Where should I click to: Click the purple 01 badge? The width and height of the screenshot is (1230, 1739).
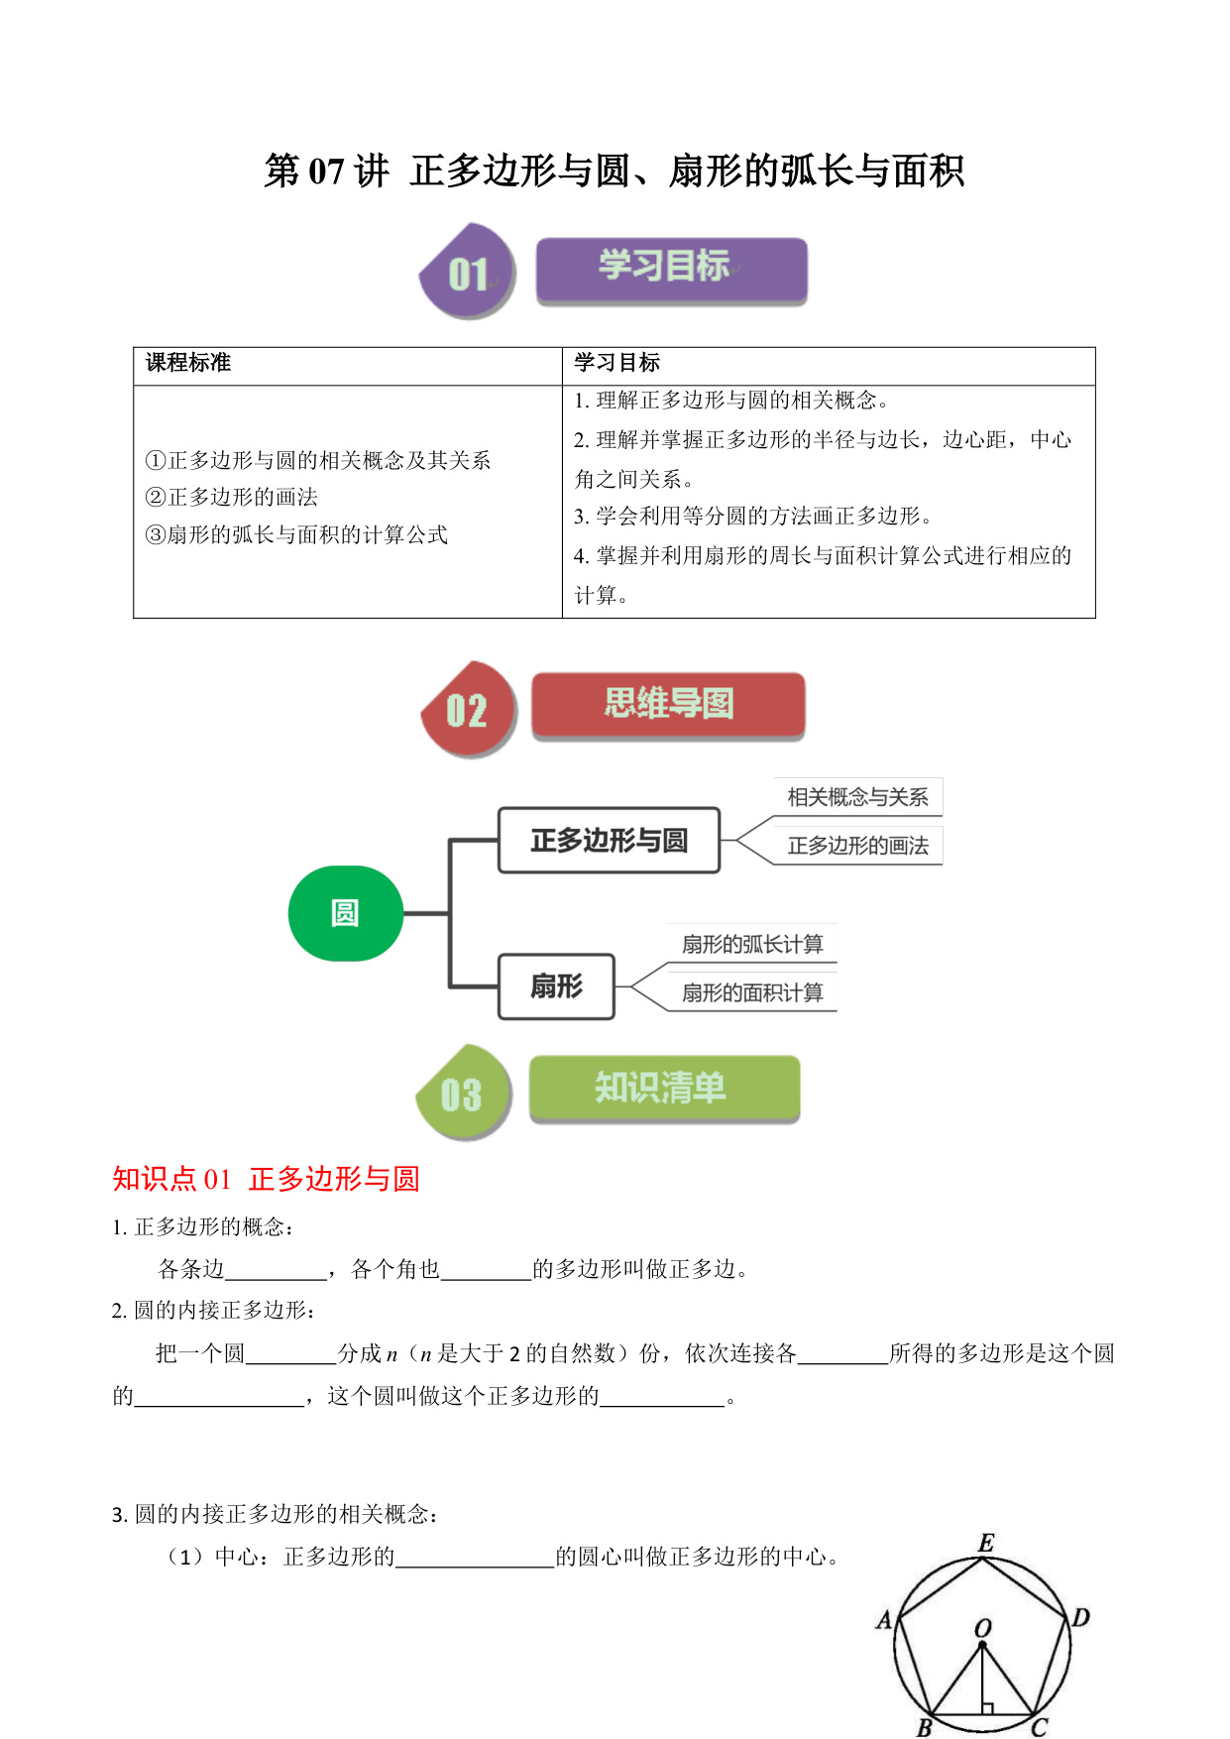click(468, 272)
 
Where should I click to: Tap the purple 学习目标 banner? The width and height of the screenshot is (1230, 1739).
click(672, 271)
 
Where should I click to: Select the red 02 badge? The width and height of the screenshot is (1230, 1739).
click(469, 710)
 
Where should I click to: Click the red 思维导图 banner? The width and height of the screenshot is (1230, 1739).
click(669, 705)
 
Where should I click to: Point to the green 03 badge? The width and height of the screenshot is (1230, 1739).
click(464, 1093)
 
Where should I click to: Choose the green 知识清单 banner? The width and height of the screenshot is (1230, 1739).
click(665, 1089)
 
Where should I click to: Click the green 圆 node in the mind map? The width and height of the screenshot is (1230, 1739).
click(346, 913)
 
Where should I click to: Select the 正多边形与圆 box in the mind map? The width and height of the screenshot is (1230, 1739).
click(609, 841)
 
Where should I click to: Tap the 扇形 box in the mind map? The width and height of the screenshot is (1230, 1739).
click(556, 986)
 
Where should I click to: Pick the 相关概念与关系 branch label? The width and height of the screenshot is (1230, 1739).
click(858, 797)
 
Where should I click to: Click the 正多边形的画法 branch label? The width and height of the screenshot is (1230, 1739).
click(858, 846)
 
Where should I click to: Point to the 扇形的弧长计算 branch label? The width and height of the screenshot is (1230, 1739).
click(752, 944)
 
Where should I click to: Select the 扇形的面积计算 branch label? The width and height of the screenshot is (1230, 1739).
click(752, 992)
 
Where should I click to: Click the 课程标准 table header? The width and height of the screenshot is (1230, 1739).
click(188, 363)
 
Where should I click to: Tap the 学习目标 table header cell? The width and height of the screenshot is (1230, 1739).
click(617, 363)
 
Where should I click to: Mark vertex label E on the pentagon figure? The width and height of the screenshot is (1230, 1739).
click(986, 1543)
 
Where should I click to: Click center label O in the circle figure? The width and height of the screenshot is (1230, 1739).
click(982, 1628)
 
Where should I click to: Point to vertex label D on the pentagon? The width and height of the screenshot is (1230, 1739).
click(1080, 1618)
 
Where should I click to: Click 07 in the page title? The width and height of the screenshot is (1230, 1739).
click(326, 172)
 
